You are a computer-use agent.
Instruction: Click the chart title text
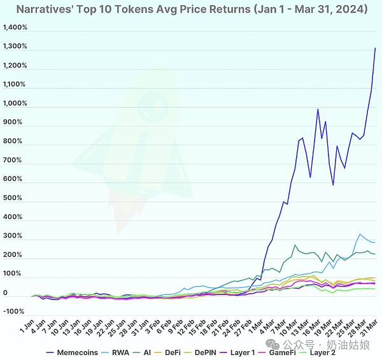191,10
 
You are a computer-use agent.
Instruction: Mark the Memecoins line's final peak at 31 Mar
375,48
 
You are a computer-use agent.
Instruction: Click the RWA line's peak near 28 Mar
360,234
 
